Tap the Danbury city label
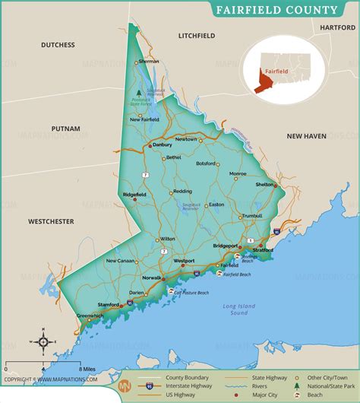click(162, 144)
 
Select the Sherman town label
click(149, 61)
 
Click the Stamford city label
click(108, 305)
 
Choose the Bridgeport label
click(226, 246)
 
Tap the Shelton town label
click(264, 184)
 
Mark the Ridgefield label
click(134, 195)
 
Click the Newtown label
click(186, 140)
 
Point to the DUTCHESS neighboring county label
click(58, 45)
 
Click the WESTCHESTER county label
click(51, 221)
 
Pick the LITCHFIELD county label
click(197, 36)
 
